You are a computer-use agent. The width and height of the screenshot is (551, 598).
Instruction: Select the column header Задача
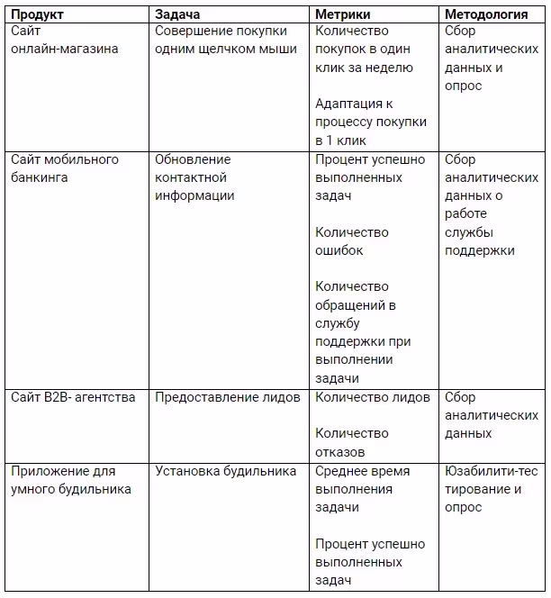pos(177,14)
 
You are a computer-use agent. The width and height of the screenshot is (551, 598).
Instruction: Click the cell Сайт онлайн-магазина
pos(64,40)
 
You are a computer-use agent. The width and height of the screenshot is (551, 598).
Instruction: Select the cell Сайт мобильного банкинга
pos(65,168)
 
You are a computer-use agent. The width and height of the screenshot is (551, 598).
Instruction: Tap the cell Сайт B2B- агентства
pos(73,397)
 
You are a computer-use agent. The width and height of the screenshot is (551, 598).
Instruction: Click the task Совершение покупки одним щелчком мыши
pos(225,40)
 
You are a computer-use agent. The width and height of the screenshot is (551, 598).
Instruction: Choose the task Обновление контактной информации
pos(194,177)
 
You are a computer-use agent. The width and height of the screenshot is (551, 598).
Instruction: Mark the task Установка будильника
pos(226,471)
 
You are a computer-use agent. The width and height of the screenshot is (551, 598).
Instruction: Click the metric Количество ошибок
pos(352,241)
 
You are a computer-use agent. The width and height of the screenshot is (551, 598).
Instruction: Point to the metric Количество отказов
pos(352,443)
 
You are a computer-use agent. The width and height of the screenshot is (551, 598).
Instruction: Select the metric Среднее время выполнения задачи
pos(362,489)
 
